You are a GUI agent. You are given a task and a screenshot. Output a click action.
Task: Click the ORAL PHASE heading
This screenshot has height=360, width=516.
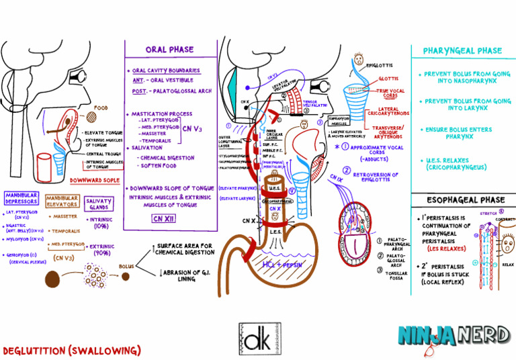pos(169,49)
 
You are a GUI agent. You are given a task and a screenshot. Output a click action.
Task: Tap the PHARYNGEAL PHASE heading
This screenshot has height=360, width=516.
pos(462,50)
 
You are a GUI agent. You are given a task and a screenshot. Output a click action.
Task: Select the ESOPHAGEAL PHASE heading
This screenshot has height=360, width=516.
pos(463,199)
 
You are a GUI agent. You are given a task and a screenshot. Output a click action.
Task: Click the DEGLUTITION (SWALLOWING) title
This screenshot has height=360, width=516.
pos(72,351)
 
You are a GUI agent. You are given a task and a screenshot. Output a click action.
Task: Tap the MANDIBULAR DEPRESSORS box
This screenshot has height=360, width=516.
pos(21,198)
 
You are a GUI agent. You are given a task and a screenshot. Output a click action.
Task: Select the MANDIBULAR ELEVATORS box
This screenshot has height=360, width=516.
pos(62,200)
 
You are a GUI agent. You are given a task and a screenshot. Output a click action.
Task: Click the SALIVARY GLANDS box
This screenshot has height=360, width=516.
pos(99,204)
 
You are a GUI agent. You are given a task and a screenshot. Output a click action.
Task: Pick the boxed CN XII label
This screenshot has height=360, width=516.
pos(163,218)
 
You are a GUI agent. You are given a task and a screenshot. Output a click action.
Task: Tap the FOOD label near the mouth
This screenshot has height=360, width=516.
pos(101,107)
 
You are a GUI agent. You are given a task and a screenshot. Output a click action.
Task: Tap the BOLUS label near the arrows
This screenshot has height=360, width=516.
pos(126,267)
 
